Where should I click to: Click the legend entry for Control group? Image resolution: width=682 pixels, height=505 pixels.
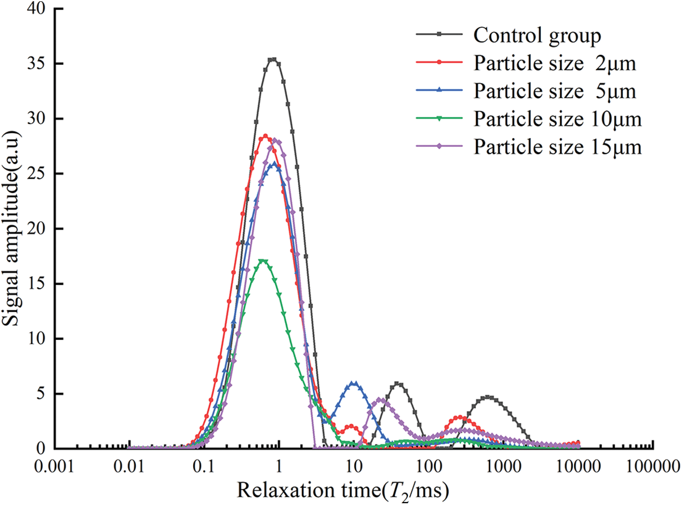[537, 35]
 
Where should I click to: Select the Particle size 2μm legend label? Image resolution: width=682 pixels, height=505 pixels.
[554, 63]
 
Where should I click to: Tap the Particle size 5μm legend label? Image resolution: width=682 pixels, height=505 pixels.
[554, 91]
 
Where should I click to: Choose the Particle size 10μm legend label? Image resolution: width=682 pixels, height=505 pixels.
[557, 119]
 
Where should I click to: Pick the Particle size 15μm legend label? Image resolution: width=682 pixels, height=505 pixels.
[557, 146]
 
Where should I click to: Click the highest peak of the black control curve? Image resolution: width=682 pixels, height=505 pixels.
[273, 59]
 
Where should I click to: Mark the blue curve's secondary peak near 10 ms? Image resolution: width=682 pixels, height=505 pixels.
[354, 383]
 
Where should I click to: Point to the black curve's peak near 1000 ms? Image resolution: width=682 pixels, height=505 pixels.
[490, 398]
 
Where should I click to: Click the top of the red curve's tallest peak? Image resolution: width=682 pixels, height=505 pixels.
[265, 136]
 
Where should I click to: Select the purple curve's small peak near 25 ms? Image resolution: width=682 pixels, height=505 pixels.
[381, 400]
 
